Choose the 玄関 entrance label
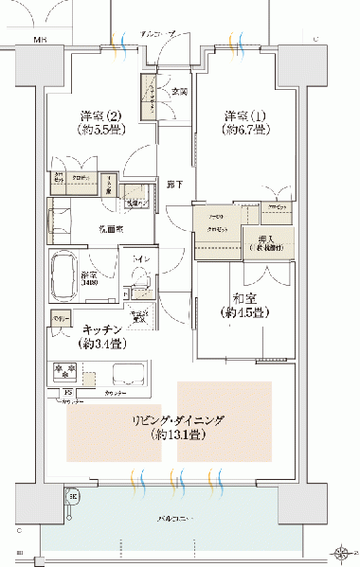tap(180, 92)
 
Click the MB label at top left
tap(41, 41)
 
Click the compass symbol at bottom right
tap(342, 551)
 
